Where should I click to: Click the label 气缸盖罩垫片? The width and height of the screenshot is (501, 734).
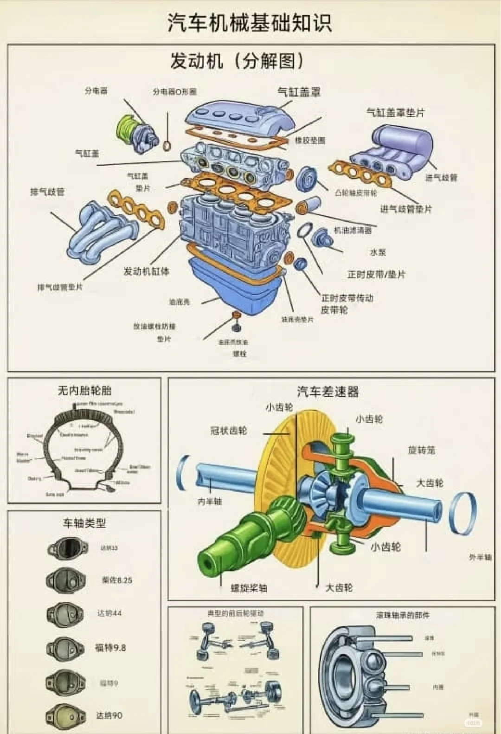click(395, 112)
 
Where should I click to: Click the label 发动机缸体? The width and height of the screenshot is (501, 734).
click(146, 271)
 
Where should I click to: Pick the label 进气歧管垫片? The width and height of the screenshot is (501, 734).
click(406, 209)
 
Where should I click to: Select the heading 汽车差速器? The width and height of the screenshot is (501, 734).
click(328, 392)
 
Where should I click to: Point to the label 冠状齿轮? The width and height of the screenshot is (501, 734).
click(229, 431)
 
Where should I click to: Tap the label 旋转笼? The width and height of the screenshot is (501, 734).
click(421, 450)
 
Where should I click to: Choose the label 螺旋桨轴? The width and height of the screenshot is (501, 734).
click(249, 588)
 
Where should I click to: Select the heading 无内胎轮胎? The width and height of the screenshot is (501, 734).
click(84, 391)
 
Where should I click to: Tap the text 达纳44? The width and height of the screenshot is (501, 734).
click(109, 613)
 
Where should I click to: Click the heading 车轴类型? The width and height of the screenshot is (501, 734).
click(84, 523)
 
